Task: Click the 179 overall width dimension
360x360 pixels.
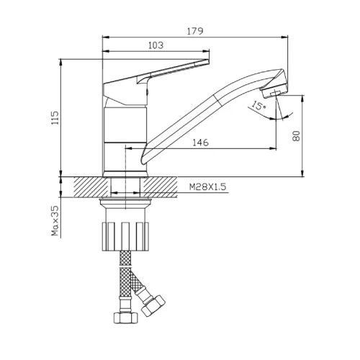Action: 195,31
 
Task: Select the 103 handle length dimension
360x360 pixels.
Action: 156,45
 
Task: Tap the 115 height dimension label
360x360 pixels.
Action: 55,117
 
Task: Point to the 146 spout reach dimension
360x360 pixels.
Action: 201,143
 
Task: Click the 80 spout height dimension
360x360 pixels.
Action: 297,136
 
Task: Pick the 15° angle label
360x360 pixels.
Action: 258,105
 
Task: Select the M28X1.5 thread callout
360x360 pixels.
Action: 208,186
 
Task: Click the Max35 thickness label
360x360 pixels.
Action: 55,220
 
